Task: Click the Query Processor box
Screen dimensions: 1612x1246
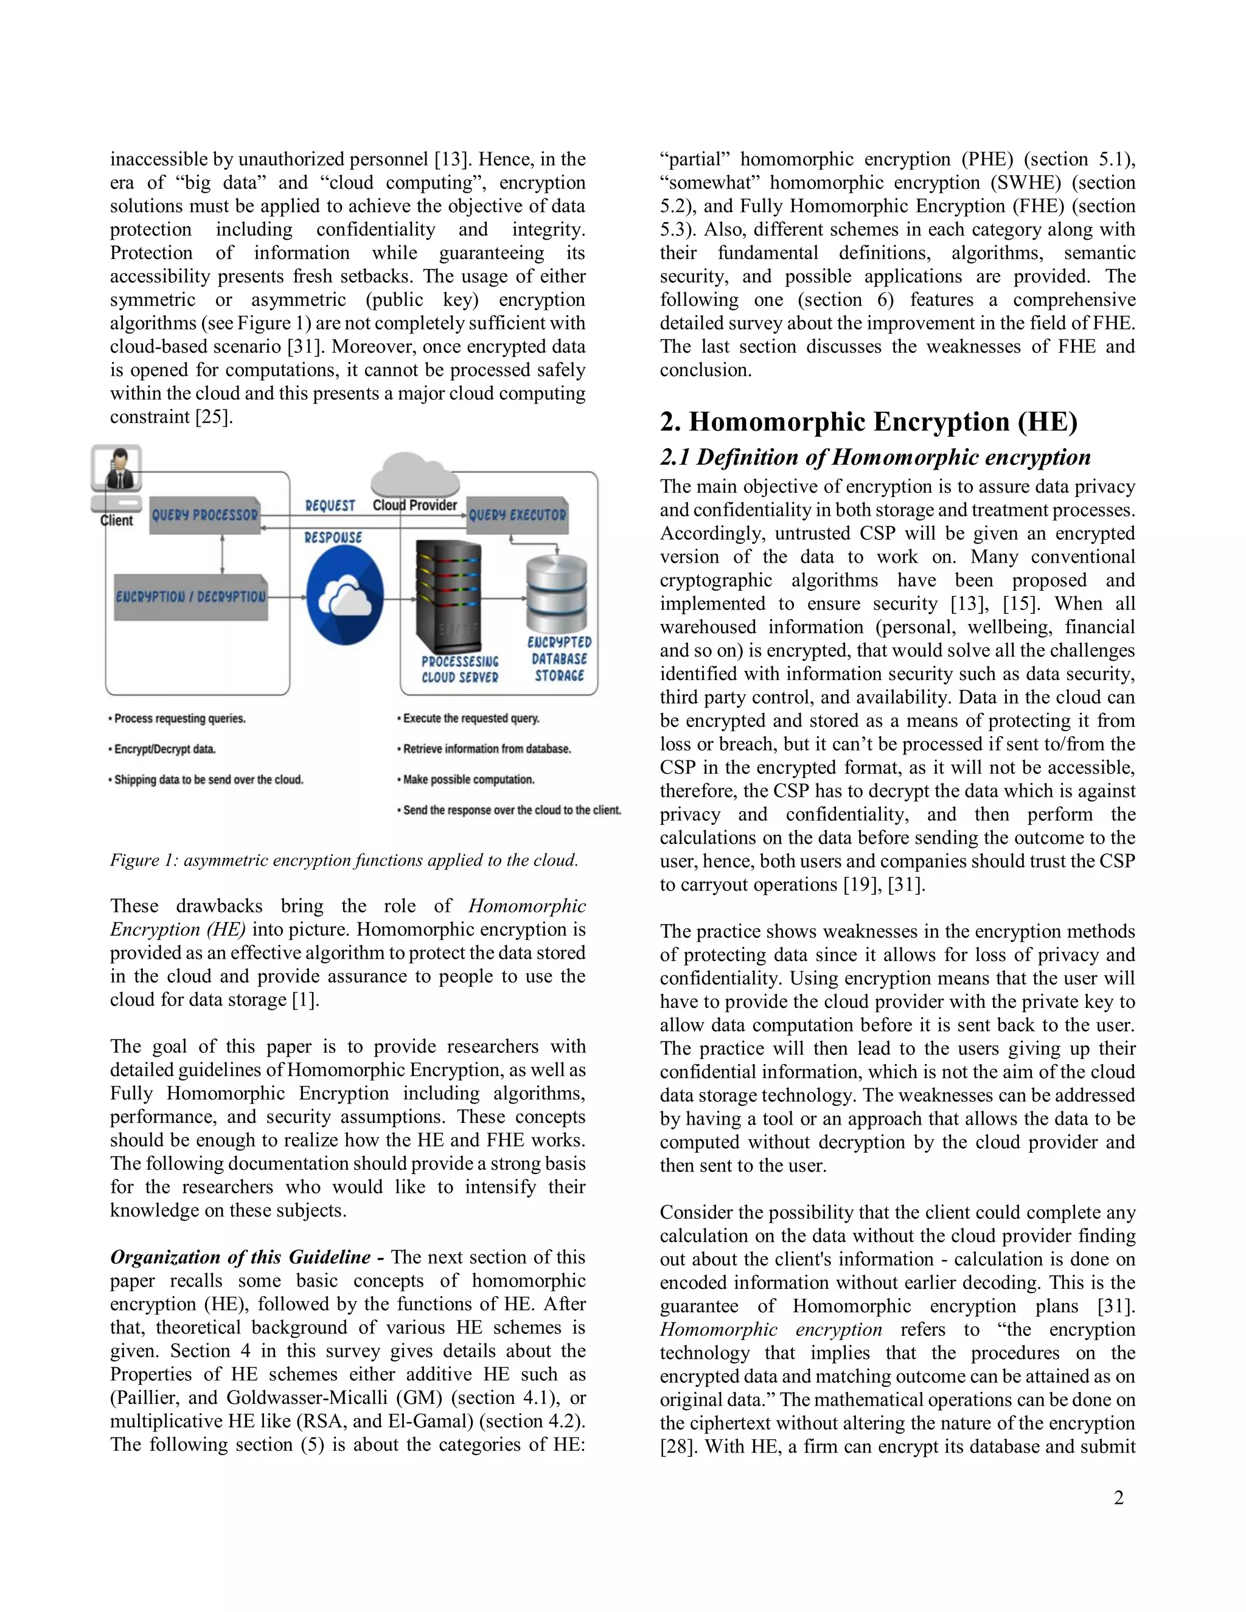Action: [x=205, y=515]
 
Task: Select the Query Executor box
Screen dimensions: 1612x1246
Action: [x=518, y=515]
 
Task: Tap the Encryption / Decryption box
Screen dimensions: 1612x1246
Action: [x=190, y=596]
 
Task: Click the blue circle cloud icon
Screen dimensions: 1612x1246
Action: [x=345, y=598]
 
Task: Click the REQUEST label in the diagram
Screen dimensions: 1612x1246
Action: [x=330, y=505]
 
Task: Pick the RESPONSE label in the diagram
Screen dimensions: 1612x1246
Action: [x=333, y=537]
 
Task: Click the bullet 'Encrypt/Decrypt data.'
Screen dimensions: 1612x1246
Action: [x=162, y=749]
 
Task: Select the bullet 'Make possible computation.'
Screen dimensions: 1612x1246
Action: [x=466, y=779]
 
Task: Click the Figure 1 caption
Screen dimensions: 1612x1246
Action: [x=344, y=860]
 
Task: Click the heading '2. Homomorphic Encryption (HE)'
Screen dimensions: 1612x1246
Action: [x=868, y=422]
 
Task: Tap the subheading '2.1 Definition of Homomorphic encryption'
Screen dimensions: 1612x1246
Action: [x=875, y=457]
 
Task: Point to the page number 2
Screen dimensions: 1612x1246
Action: [x=1118, y=1498]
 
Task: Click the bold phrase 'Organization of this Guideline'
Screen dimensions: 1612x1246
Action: [x=241, y=1257]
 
